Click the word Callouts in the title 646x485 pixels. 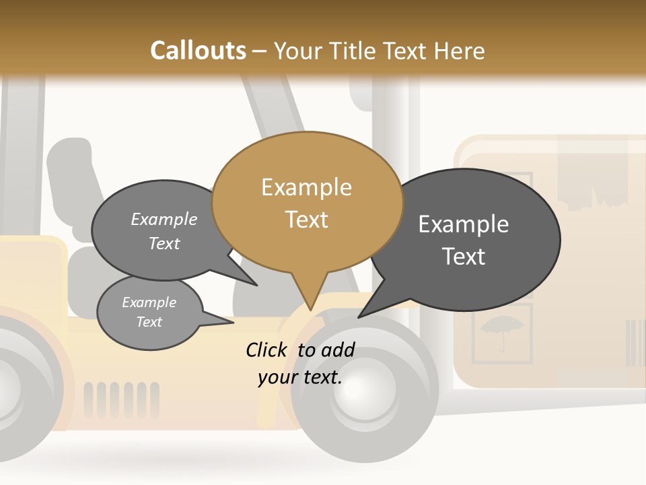click(198, 51)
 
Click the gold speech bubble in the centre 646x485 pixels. click(307, 202)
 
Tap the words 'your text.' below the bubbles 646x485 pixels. click(300, 377)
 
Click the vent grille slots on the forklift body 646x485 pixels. click(122, 398)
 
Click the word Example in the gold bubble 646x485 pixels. click(307, 187)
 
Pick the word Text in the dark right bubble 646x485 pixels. click(464, 256)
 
